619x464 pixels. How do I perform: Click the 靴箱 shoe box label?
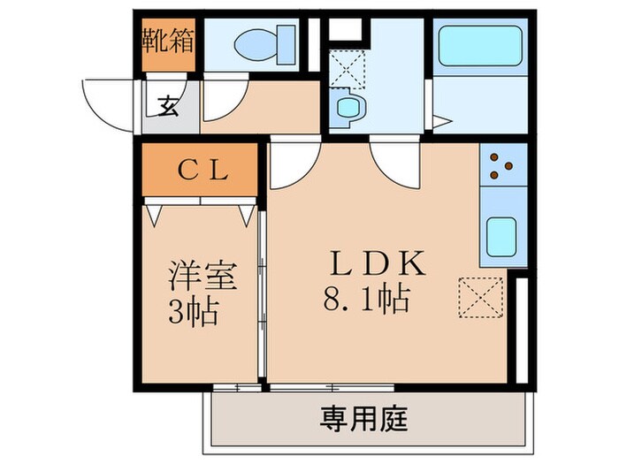click(x=169, y=42)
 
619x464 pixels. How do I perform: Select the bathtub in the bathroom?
click(x=478, y=45)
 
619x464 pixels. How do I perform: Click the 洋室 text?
click(x=203, y=277)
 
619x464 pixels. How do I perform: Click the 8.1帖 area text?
click(x=366, y=300)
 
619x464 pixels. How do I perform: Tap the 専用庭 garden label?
click(x=363, y=416)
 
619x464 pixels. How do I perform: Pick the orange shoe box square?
click(x=169, y=42)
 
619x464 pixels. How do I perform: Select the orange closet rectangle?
click(x=200, y=171)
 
